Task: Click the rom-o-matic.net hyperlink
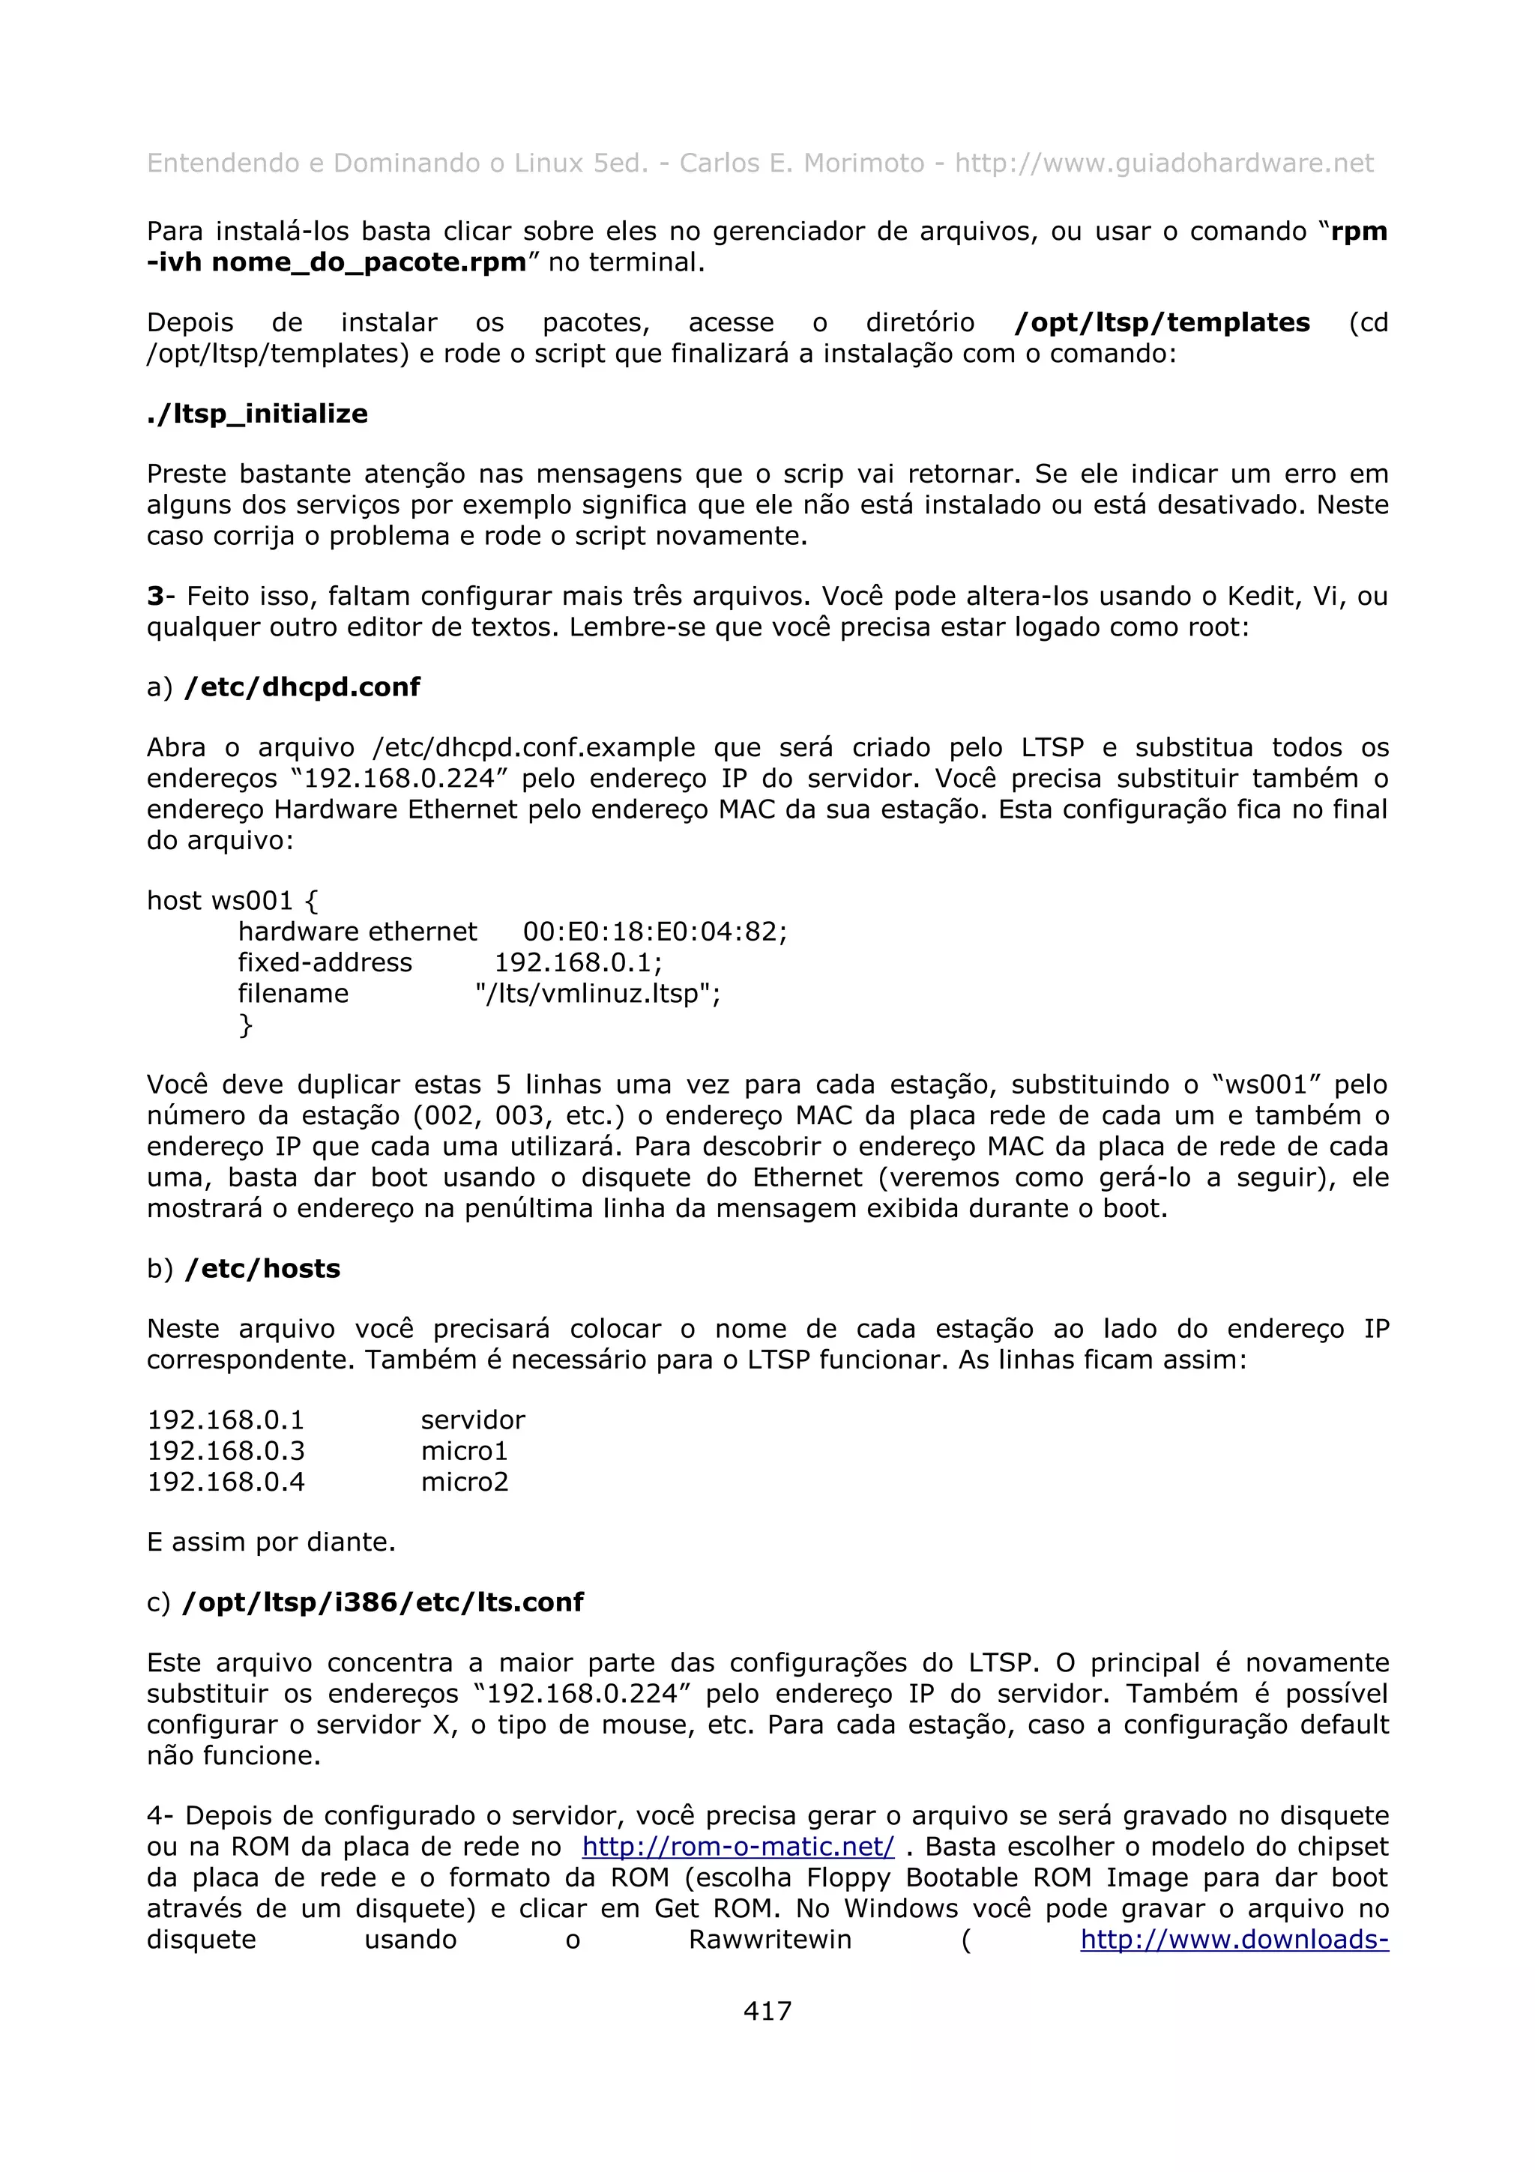(x=738, y=1846)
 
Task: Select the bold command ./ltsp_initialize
(x=257, y=414)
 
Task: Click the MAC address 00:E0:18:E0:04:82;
(x=654, y=931)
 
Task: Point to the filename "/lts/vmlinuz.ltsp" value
(x=597, y=993)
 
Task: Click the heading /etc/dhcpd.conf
(x=303, y=687)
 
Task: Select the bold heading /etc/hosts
(x=263, y=1269)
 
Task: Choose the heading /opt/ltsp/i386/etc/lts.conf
(x=382, y=1602)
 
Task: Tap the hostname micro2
(x=465, y=1482)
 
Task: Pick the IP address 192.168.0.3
(x=226, y=1450)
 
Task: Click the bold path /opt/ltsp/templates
(x=1162, y=322)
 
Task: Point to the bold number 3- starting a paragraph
(x=160, y=596)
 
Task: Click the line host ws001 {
(x=232, y=899)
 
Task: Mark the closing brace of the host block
(x=246, y=1025)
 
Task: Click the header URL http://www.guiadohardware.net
(x=1163, y=163)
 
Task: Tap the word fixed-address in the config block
(x=325, y=962)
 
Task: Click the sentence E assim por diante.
(x=271, y=1541)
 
